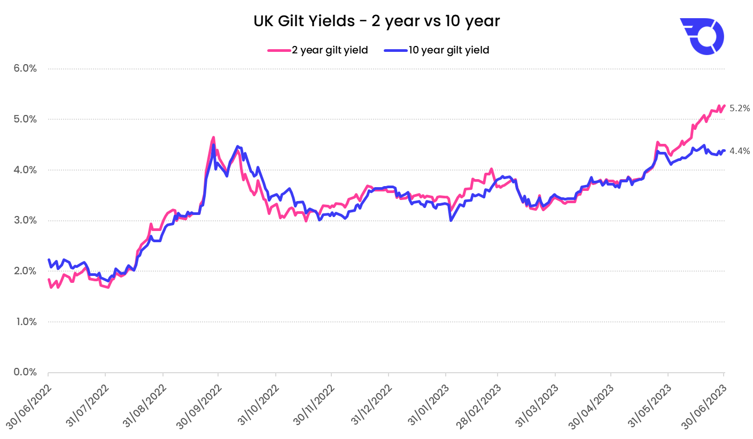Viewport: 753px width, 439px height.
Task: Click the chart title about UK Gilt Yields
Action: (x=376, y=21)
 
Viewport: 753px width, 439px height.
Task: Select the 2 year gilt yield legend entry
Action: (x=318, y=50)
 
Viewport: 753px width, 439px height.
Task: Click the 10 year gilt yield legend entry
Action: (x=437, y=50)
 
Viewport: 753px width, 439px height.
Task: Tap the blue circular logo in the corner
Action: (x=702, y=36)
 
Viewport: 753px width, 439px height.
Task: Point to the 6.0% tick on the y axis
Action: (x=25, y=68)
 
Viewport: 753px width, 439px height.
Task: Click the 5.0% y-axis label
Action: (x=25, y=119)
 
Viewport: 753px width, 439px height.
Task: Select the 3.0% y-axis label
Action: (x=25, y=220)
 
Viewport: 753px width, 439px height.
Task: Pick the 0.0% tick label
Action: (x=25, y=372)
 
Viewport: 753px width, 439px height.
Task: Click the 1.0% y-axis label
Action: (x=25, y=322)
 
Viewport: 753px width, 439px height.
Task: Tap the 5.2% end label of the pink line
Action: (x=740, y=108)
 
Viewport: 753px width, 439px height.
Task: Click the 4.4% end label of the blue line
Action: (x=740, y=151)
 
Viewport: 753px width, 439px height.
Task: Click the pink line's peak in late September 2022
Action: (x=213, y=137)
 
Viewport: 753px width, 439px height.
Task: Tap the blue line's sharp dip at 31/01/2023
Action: (x=451, y=220)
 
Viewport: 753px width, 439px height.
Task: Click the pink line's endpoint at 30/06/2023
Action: (x=724, y=106)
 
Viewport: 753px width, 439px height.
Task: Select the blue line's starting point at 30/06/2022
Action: (x=49, y=260)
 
